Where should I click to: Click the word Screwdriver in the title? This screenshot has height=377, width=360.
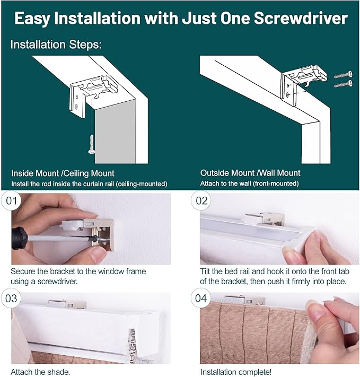point(301,18)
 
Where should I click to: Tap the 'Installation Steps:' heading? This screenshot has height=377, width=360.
point(56,45)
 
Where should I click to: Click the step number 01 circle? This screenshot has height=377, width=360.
point(12,201)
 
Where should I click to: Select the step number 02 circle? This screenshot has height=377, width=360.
point(201,201)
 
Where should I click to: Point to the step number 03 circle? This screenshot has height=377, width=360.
point(11,299)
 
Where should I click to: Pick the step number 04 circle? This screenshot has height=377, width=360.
point(201,299)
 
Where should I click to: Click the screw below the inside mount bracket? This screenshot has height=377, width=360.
point(92,144)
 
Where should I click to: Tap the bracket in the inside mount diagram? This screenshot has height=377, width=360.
point(93,95)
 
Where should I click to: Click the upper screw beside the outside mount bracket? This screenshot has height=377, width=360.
point(343,75)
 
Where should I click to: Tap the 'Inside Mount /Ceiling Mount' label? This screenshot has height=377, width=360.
point(63,173)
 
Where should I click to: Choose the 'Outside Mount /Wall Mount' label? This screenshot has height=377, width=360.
point(250,173)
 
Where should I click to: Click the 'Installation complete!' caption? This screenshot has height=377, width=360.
point(236,372)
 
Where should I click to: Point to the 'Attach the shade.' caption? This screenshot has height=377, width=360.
point(40,372)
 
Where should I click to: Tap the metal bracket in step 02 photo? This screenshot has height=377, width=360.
point(265,218)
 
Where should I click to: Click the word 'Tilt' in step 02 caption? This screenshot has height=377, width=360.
point(205,271)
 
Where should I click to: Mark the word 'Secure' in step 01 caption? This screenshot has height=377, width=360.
point(23,271)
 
